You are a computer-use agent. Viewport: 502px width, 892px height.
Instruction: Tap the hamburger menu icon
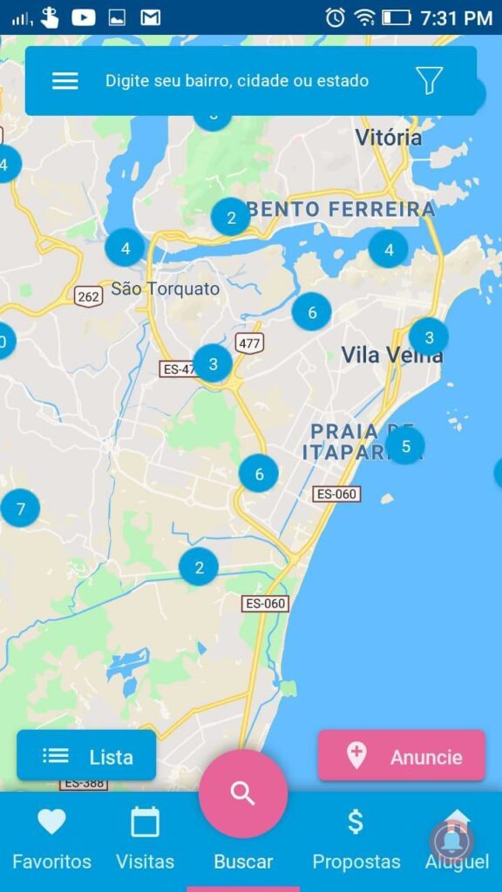pos(65,81)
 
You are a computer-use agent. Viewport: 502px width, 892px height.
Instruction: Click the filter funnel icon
pos(429,80)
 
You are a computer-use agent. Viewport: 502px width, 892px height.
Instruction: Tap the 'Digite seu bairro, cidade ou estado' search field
pos(237,81)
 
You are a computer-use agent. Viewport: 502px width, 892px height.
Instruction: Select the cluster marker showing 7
pos(20,507)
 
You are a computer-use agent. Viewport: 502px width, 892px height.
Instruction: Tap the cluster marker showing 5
pos(405,446)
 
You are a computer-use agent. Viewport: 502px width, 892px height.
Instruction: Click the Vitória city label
pos(389,138)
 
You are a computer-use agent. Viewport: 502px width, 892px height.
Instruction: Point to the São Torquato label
pos(165,289)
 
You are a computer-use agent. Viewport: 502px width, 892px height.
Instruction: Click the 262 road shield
pos(88,296)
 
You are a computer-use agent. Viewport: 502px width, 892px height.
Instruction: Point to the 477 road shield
pos(249,342)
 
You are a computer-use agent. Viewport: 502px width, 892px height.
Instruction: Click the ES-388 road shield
pos(84,783)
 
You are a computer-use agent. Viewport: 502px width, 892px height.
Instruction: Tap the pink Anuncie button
pos(401,756)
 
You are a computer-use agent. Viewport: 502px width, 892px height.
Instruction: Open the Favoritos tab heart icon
pos(51,821)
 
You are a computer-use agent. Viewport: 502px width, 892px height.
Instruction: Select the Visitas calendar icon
pos(145,821)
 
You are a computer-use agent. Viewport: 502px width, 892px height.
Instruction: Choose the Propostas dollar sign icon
pos(356,821)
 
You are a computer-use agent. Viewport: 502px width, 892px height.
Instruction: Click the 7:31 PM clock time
pos(456,17)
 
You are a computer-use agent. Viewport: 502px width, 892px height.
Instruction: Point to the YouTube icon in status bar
pos(84,17)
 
